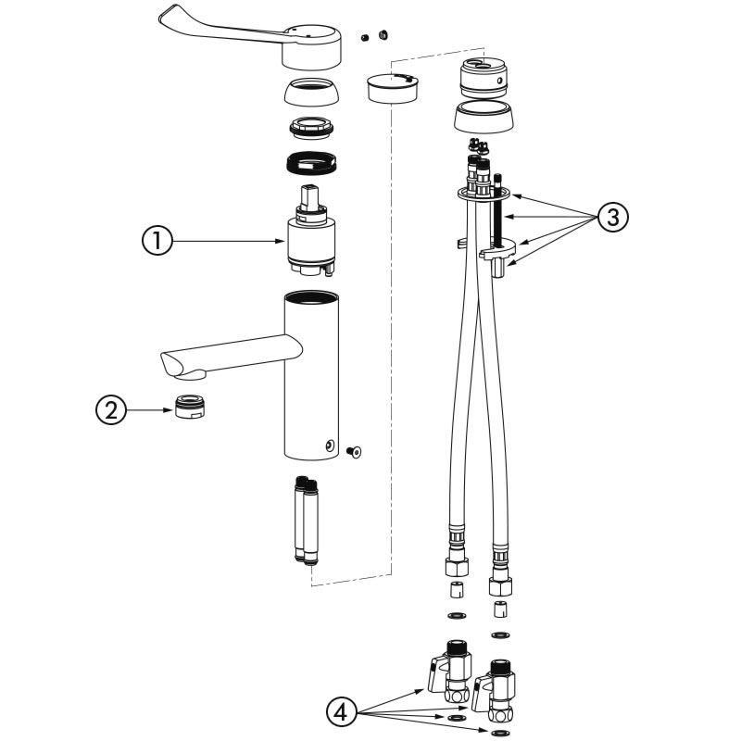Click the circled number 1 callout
(x=157, y=241)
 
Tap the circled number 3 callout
(x=612, y=217)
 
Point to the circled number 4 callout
(x=343, y=712)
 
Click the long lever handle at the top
(x=213, y=28)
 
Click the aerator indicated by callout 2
(x=189, y=408)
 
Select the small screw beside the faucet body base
(x=355, y=451)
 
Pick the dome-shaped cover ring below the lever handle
(x=310, y=94)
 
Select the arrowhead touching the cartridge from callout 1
(x=283, y=241)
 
